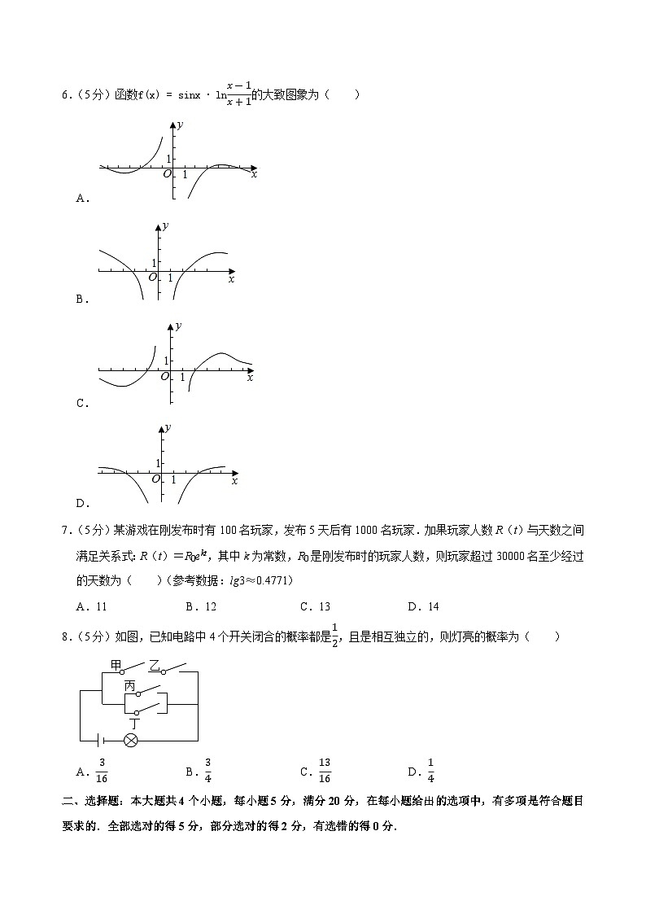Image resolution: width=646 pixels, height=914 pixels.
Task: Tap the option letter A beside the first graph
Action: (x=81, y=198)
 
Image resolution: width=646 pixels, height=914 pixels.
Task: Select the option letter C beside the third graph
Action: (x=81, y=403)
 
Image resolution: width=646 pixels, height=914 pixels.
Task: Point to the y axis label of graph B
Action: (x=165, y=225)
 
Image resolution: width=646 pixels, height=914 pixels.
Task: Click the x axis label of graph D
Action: (x=234, y=482)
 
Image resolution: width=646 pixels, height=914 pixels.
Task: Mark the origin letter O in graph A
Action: (x=167, y=173)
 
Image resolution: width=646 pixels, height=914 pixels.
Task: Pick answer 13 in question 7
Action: (x=325, y=606)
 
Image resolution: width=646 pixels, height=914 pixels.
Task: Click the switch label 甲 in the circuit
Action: (x=116, y=666)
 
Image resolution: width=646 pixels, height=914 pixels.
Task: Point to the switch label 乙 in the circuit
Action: (x=154, y=666)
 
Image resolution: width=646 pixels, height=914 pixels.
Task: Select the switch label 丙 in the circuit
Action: (x=129, y=686)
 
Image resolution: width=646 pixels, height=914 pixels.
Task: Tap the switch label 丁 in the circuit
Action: (x=134, y=722)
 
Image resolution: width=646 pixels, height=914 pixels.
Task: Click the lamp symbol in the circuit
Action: (x=130, y=740)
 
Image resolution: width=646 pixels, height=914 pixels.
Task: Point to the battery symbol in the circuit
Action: (x=100, y=740)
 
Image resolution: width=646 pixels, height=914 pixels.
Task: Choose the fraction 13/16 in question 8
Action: (x=325, y=769)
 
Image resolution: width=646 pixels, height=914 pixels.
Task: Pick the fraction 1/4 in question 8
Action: (x=430, y=769)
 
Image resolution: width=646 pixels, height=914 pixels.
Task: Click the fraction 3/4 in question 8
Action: (x=208, y=769)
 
